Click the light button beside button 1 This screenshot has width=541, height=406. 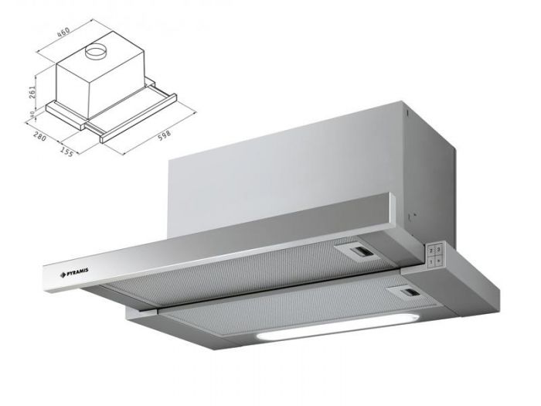coord(439,260)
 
